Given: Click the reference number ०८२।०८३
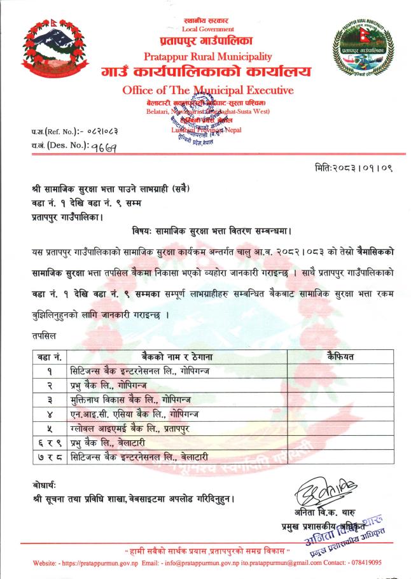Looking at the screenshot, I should (x=101, y=132).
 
